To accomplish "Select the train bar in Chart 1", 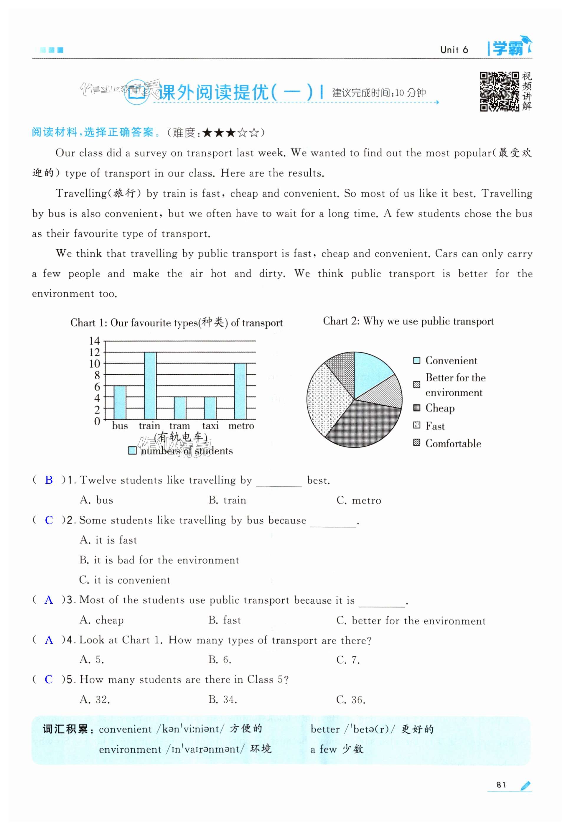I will tap(150, 386).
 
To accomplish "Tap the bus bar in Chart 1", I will tap(120, 403).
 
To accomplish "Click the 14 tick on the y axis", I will tap(94, 341).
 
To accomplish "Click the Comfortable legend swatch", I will tap(416, 443).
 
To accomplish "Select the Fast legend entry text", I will tap(435, 426).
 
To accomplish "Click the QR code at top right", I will tap(499, 91).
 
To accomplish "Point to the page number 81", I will tap(501, 785).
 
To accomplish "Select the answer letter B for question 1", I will tap(49, 480).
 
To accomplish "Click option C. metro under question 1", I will tap(359, 500).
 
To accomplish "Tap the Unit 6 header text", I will tap(454, 50).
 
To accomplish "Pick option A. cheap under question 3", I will tap(101, 620).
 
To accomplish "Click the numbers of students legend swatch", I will tap(132, 450).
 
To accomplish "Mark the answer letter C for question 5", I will tap(49, 679).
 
